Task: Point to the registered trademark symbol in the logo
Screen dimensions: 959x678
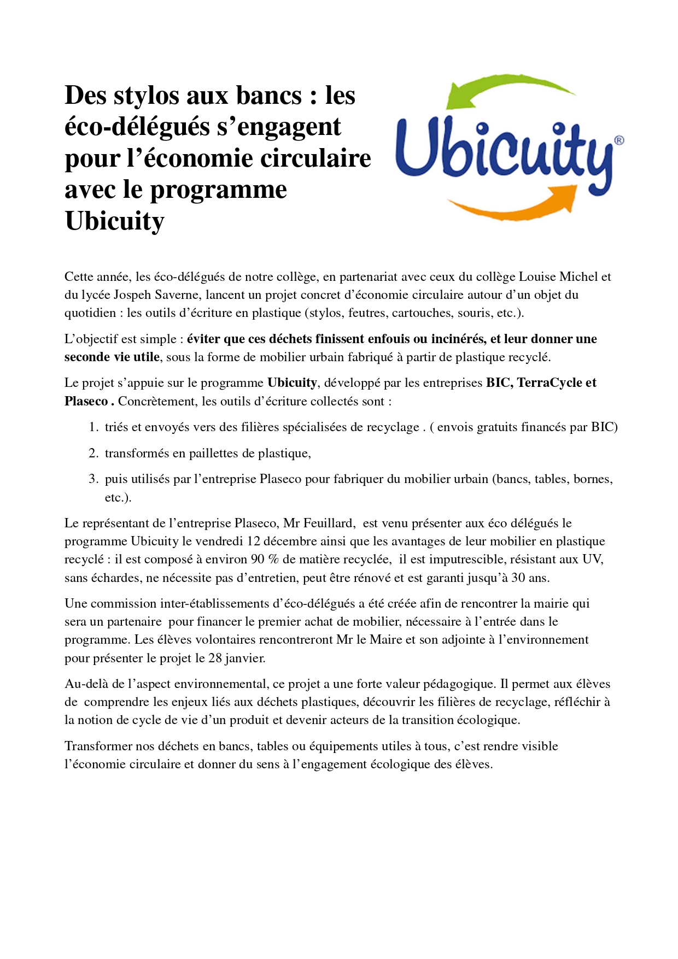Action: [618, 140]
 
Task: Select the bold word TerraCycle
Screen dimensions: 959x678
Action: [550, 383]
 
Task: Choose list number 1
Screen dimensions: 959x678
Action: [93, 427]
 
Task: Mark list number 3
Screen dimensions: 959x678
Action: [93, 479]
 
